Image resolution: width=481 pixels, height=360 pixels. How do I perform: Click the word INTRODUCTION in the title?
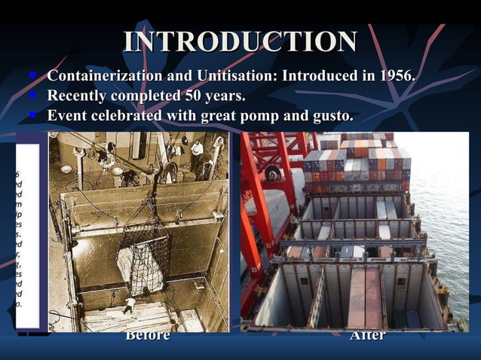[x=240, y=41]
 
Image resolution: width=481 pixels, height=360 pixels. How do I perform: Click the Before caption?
[x=147, y=335]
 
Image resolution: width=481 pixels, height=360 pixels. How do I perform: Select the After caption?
[x=368, y=335]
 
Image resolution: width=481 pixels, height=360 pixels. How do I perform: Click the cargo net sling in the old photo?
[x=143, y=260]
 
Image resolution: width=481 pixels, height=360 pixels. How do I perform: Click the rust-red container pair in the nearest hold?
[x=365, y=294]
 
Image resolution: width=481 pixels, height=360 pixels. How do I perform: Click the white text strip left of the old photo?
[x=29, y=233]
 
